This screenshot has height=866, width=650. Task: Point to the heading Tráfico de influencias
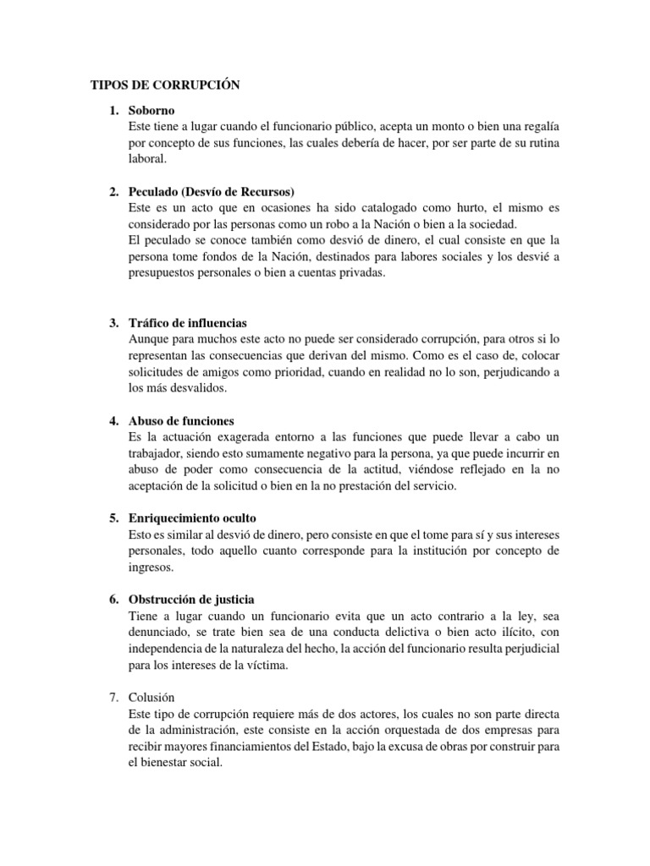coord(188,323)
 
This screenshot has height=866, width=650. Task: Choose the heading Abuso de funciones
coord(181,420)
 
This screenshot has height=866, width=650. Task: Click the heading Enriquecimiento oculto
coord(192,517)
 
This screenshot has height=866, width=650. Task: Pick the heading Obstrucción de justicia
coord(190,599)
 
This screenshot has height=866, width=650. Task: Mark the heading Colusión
coord(151,697)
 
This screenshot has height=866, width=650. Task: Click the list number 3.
coord(113,323)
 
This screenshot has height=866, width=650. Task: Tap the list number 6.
coord(113,599)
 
